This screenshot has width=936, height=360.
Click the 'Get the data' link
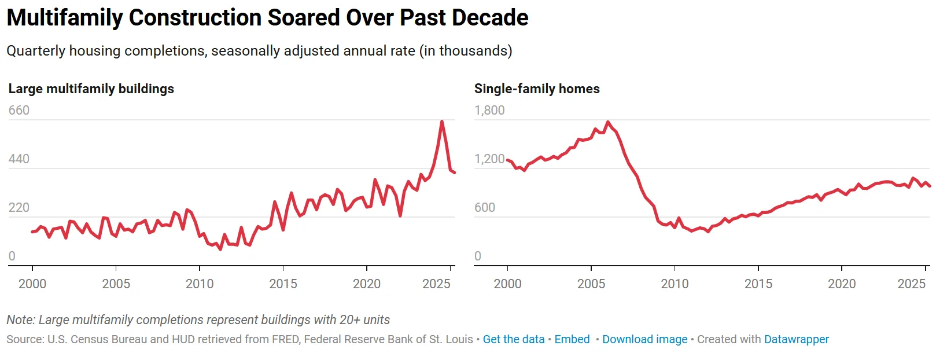513,339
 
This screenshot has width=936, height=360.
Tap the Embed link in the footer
572,339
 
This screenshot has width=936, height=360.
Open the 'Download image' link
644,339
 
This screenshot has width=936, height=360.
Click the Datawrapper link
796,339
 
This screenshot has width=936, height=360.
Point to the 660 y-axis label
19,110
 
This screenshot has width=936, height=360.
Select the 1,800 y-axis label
489,110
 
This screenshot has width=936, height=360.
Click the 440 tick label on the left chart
19,159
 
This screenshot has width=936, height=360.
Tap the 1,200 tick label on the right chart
489,159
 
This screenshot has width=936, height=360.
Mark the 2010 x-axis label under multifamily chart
200,284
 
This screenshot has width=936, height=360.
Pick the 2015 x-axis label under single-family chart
758,284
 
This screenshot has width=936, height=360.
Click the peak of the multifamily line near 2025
442,122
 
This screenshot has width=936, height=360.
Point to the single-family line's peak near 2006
607,122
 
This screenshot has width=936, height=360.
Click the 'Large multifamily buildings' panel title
91,89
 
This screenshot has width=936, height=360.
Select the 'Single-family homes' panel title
537,89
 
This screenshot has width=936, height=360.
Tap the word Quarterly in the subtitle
36,51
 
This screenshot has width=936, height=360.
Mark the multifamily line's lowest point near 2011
220,249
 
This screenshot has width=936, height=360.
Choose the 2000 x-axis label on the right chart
507,284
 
